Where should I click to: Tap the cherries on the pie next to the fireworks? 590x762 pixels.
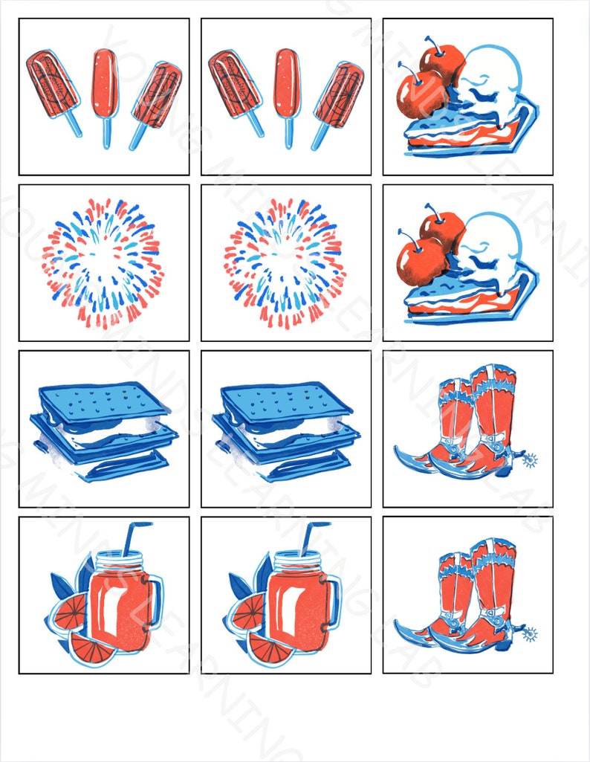[x=431, y=241]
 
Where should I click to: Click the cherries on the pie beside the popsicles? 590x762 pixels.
[x=431, y=74]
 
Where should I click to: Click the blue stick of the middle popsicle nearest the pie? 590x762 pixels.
[x=288, y=132]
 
